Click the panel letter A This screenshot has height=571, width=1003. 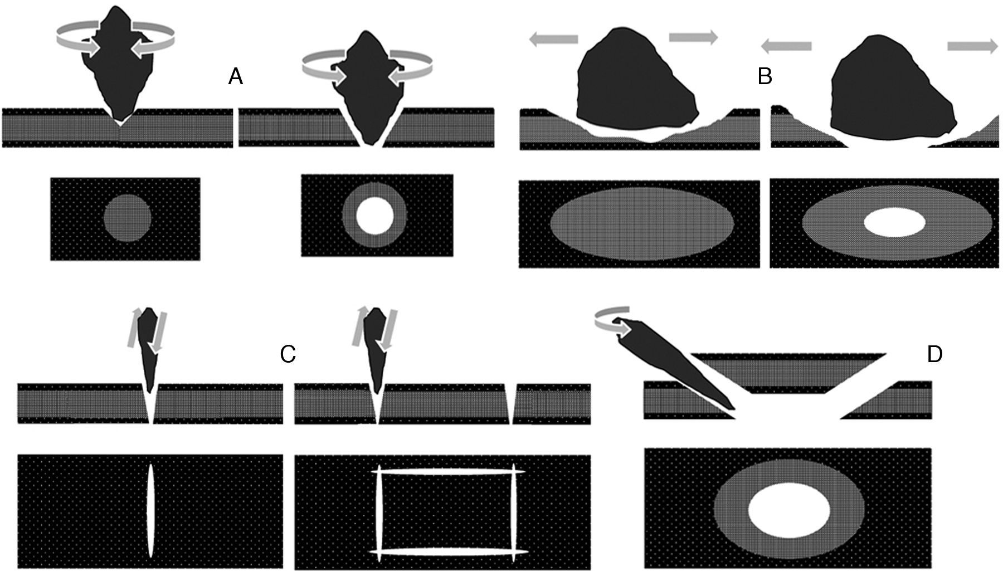coord(236,77)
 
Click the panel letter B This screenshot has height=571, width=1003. coord(765,77)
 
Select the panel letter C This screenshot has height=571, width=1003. coord(288,354)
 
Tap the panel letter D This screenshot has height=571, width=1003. coord(934,354)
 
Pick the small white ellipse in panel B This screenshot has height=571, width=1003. coord(894,222)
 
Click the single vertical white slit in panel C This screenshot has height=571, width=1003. coord(150,510)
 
